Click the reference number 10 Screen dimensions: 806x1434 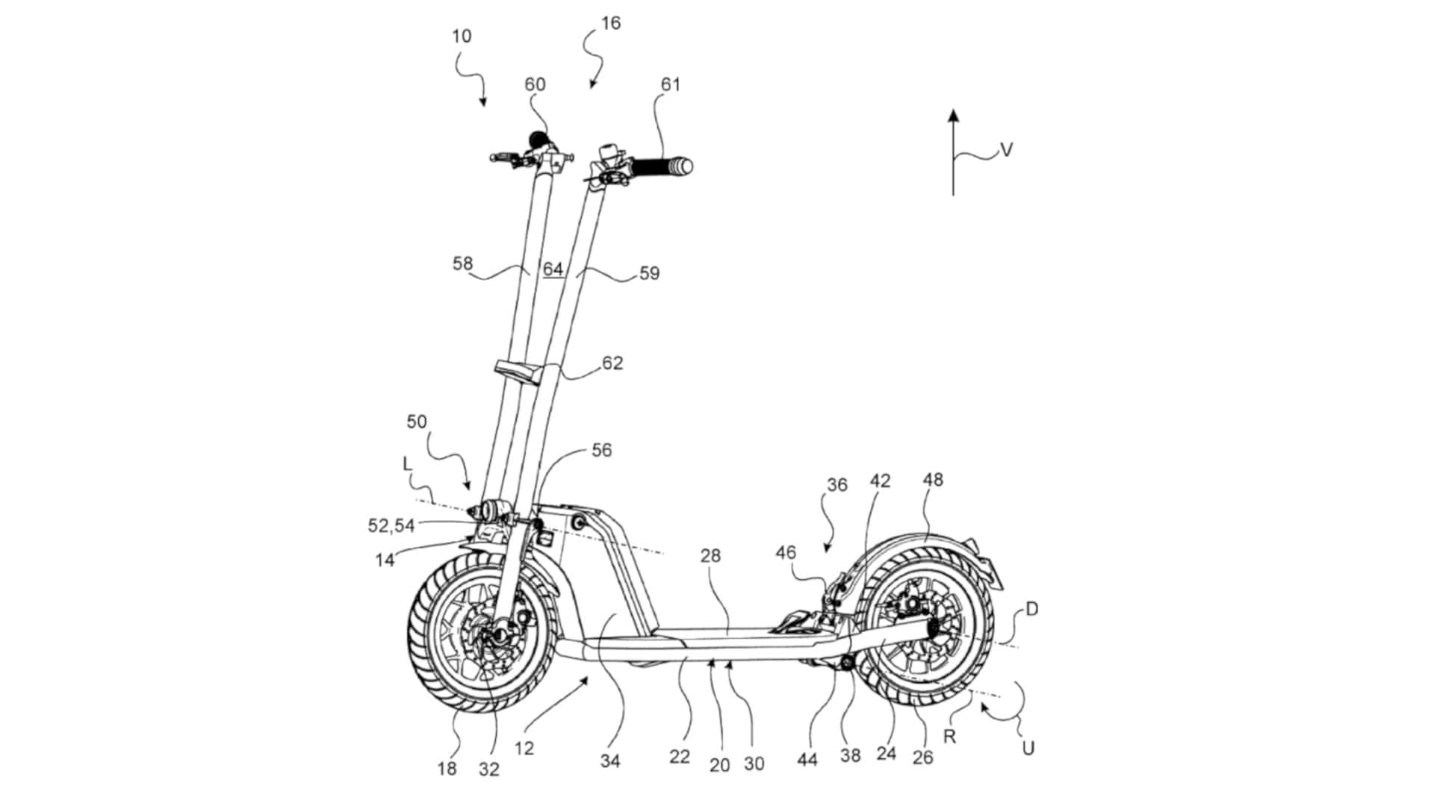click(462, 37)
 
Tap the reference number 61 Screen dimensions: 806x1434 click(671, 85)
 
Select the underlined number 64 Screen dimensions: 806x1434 click(553, 269)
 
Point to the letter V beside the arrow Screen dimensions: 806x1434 click(1006, 151)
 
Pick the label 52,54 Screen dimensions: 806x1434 click(391, 526)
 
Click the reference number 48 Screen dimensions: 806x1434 click(933, 480)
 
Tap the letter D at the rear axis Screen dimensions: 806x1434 click(1031, 610)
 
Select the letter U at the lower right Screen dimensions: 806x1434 click(1028, 749)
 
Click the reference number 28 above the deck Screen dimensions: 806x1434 click(710, 555)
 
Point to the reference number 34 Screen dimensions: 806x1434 click(610, 762)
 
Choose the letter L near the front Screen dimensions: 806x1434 click(407, 464)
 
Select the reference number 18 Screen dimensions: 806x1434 click(447, 768)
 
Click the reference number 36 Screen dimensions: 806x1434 click(837, 485)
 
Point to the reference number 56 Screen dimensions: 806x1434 click(601, 451)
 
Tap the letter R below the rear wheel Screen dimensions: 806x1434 click(950, 737)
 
